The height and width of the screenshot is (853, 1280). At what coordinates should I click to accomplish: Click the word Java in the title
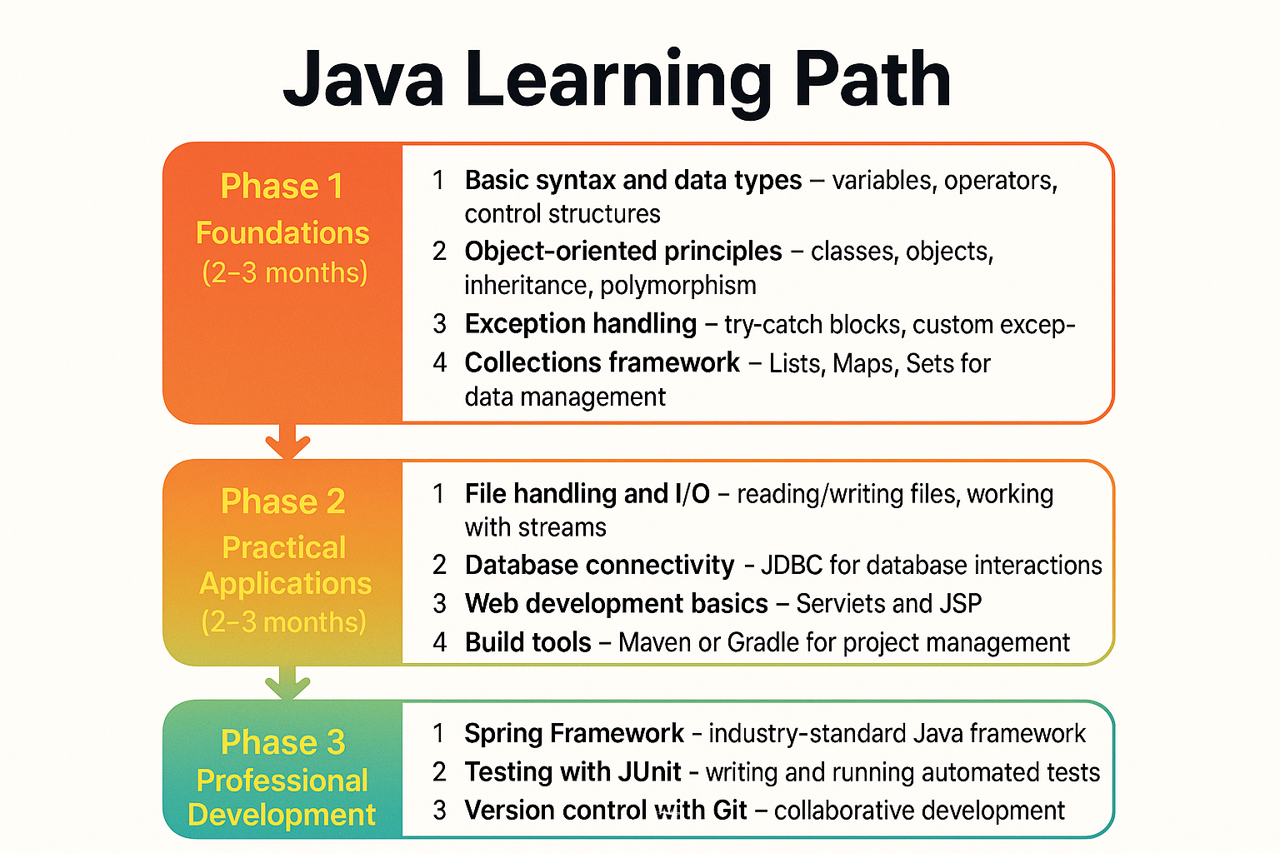pos(363,81)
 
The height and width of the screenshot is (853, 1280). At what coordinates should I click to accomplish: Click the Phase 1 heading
pos(282,187)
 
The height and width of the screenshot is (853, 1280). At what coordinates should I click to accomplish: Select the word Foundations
pos(282,233)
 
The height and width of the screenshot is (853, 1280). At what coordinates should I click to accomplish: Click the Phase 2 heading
pos(282,501)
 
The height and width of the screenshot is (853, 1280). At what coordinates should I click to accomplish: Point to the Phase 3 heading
pos(282,742)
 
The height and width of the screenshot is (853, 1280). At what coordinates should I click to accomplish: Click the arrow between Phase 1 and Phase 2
pos(287,441)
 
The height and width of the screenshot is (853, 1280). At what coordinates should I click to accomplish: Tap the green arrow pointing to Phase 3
pos(287,682)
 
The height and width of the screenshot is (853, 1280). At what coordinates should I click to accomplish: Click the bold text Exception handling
pos(580,323)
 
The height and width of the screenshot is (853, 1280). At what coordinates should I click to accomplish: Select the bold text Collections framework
pos(602,362)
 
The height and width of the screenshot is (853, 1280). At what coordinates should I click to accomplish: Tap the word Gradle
pos(761,642)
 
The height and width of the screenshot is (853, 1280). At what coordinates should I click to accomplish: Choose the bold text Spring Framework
pos(573,733)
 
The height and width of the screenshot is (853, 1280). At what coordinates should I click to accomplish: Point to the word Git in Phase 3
pos(730,811)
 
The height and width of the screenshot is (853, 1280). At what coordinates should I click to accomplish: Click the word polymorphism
pos(678,286)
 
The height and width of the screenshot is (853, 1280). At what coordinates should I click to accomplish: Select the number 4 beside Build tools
pos(439,642)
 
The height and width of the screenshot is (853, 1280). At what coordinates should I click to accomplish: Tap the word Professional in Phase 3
pos(282,781)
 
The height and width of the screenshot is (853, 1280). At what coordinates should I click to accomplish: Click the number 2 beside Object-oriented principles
pos(439,251)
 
